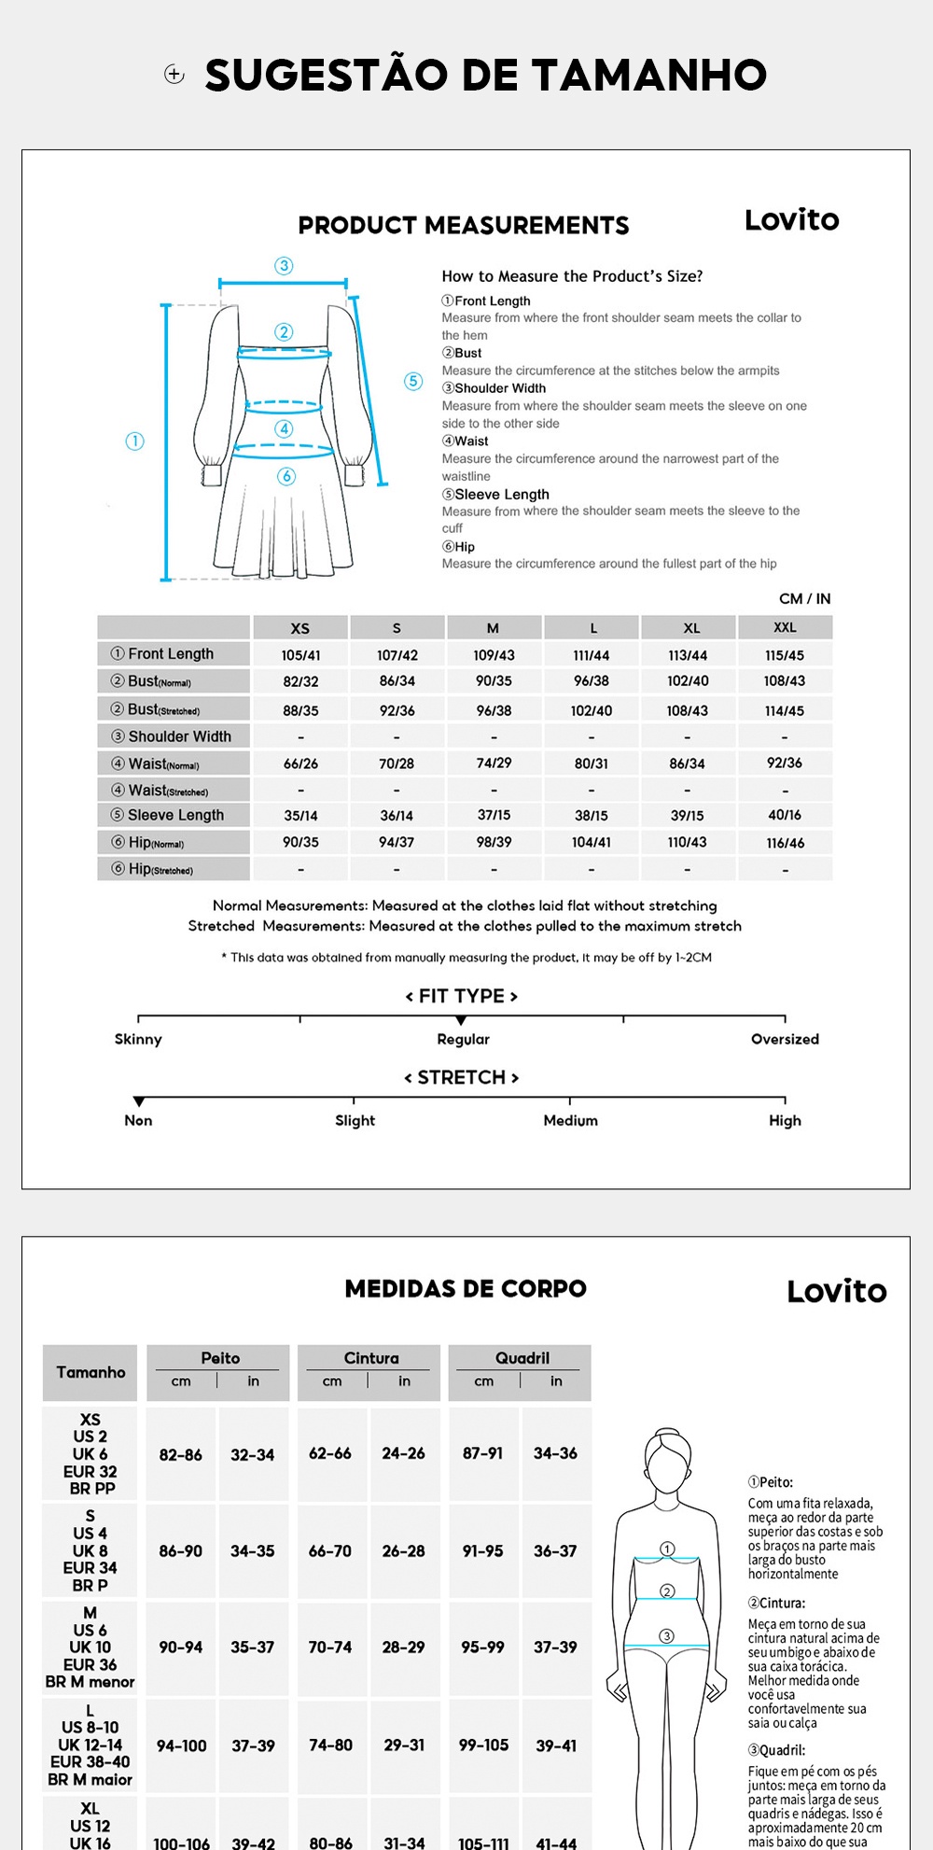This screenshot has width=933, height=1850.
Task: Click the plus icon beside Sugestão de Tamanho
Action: coord(174,75)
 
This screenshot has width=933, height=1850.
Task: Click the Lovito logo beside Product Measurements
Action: coord(791,220)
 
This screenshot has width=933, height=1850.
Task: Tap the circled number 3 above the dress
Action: coord(284,266)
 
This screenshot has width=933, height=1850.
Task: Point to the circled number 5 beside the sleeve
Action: coord(413,381)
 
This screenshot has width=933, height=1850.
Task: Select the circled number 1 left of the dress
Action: coord(135,441)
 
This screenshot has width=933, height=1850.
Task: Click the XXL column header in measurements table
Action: coord(785,628)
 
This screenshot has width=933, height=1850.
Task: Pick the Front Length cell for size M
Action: coord(494,655)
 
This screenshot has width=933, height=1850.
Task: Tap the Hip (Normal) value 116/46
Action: coord(785,843)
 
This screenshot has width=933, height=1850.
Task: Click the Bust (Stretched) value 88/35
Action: coord(300,710)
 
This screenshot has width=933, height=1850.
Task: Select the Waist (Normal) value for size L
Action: coord(592,764)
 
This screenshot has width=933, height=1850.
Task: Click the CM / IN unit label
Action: coord(804,599)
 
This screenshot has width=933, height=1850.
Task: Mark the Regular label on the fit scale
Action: coord(463,1040)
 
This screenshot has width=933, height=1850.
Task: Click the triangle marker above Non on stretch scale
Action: coord(139,1102)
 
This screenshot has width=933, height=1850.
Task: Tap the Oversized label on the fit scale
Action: coord(785,1040)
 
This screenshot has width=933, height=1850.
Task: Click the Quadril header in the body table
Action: coord(522,1358)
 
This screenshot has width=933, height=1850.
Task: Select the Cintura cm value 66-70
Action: coord(330,1551)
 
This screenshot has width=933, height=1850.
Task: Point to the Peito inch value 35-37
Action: coord(253,1647)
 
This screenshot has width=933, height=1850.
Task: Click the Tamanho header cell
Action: coord(91,1372)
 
